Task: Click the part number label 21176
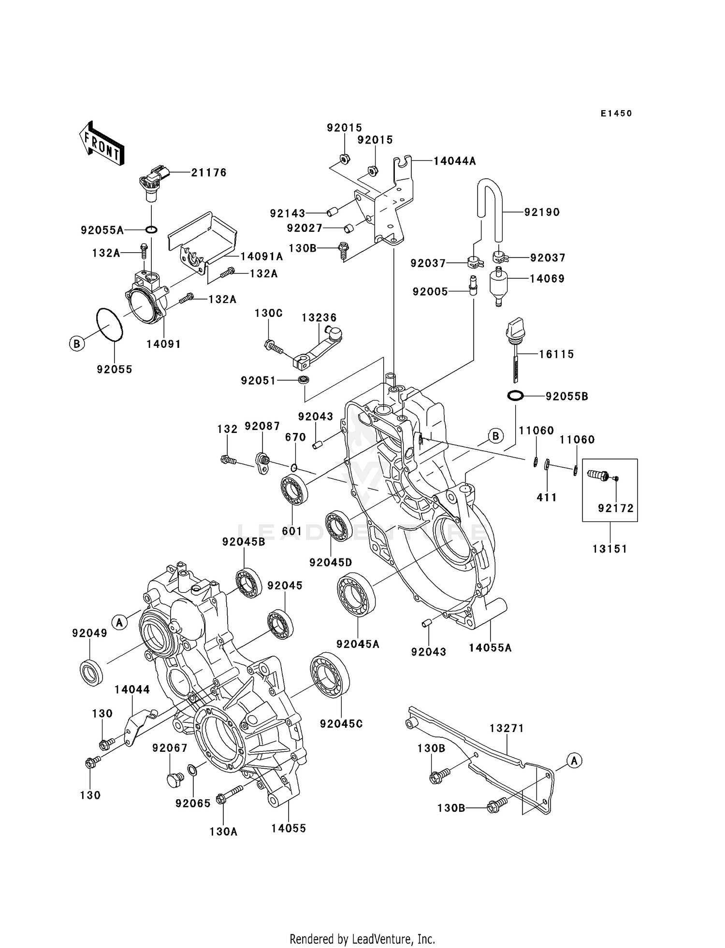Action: (x=208, y=172)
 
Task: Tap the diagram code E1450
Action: (x=616, y=114)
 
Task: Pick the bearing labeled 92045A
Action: (x=357, y=594)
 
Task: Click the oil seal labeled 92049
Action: (x=91, y=671)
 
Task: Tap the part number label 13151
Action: (x=609, y=549)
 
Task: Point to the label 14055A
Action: (x=490, y=648)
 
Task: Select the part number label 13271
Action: (x=507, y=728)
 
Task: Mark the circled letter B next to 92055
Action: (x=76, y=344)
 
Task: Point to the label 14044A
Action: (x=454, y=161)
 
